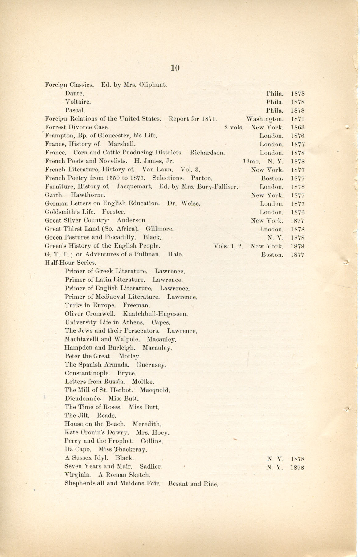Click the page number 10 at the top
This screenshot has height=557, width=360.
[x=175, y=68]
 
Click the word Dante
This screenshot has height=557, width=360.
[x=74, y=93]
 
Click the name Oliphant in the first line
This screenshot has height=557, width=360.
[x=154, y=84]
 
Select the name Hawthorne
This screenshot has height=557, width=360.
[x=88, y=195]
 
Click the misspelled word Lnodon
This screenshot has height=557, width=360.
[x=272, y=229]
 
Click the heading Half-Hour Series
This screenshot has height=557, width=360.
[x=71, y=263]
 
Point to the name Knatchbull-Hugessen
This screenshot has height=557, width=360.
[x=155, y=314]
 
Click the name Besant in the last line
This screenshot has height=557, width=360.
[x=178, y=483]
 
